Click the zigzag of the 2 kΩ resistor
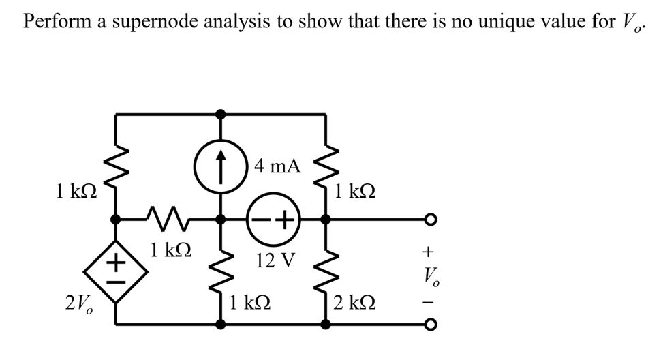(x=326, y=270)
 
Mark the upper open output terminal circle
(x=429, y=220)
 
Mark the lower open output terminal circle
(x=429, y=325)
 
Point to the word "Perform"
(x=53, y=21)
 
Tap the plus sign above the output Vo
(x=429, y=251)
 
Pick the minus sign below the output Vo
(x=429, y=301)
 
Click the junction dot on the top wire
(x=219, y=114)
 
